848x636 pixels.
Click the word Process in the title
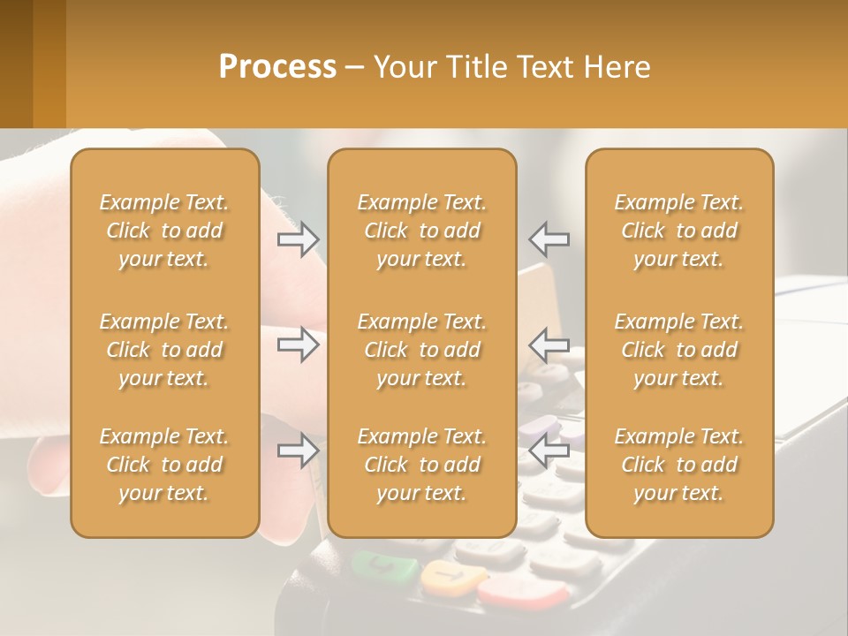[x=277, y=67]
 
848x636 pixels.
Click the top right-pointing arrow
[x=298, y=238]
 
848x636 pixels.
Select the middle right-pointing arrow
[x=298, y=344]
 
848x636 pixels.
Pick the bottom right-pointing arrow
[x=298, y=451]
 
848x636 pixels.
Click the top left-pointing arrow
[x=549, y=238]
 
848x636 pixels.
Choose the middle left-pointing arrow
[x=549, y=344]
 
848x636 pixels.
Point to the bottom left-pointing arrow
[x=549, y=451]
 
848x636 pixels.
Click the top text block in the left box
[x=164, y=231]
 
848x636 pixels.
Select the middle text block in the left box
[x=164, y=350]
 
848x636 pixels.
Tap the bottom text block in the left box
[x=164, y=465]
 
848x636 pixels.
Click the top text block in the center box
[x=421, y=231]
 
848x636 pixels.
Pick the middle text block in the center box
[x=421, y=350]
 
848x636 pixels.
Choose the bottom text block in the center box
[x=421, y=465]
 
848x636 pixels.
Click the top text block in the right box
[x=678, y=231]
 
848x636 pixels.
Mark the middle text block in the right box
[x=678, y=350]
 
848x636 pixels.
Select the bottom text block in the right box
[x=678, y=465]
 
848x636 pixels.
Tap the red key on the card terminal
[x=521, y=592]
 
